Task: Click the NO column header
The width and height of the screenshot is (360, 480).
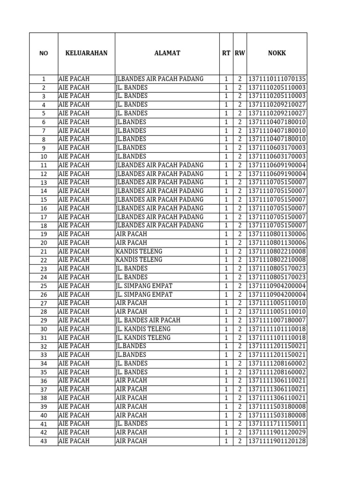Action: coord(44,53)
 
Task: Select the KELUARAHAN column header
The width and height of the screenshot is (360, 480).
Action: coord(86,53)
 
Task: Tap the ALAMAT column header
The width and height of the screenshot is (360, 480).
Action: coord(167,53)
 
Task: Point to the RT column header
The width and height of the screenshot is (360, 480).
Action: coord(226,53)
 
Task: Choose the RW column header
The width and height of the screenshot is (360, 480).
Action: coord(240,53)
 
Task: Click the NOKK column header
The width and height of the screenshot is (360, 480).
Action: coord(277,53)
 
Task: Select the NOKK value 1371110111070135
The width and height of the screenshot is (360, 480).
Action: coord(277,79)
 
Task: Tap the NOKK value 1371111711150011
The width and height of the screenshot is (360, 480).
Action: coord(277,424)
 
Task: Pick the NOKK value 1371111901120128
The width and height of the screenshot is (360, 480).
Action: coord(277,441)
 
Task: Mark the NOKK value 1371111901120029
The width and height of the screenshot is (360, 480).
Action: coord(277,432)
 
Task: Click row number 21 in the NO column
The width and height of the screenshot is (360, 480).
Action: coord(44,252)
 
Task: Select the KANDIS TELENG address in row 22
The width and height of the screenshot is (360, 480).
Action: coord(139,260)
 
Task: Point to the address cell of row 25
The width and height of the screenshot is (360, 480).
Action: coord(144,286)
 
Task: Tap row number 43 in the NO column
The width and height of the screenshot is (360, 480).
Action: coord(44,442)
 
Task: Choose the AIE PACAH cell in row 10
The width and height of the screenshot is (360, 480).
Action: coord(74,157)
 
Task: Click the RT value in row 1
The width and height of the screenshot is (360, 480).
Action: coord(226,79)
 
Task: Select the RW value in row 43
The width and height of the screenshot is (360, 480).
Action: coord(240,441)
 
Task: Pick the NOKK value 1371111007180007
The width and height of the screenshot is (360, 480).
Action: coord(277,320)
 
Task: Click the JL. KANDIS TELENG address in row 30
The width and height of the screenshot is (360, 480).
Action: coord(143,329)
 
